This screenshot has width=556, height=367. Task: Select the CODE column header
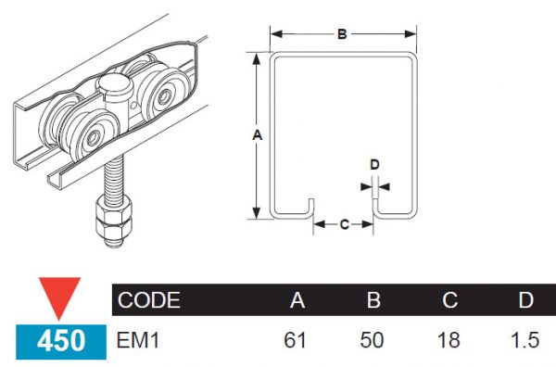pos(149,300)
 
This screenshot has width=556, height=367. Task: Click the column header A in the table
pos(297,300)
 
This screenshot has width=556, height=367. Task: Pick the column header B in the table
pos(373,300)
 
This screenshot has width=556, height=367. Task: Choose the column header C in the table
pos(449,300)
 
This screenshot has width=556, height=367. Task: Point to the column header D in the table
pos(524,300)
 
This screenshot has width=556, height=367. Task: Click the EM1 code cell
pos(139,340)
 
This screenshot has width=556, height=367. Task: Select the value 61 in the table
pos(295,340)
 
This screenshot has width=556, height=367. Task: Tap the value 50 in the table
pos(373,340)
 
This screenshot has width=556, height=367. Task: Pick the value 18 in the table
pos(449,340)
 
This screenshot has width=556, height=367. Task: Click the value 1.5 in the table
pos(524,340)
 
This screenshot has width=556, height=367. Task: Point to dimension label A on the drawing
pos(258,135)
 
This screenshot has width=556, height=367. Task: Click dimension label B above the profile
pos(342,34)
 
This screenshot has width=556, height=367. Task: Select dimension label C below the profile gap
pos(343,223)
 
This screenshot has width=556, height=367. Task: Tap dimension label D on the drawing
pos(374,165)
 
